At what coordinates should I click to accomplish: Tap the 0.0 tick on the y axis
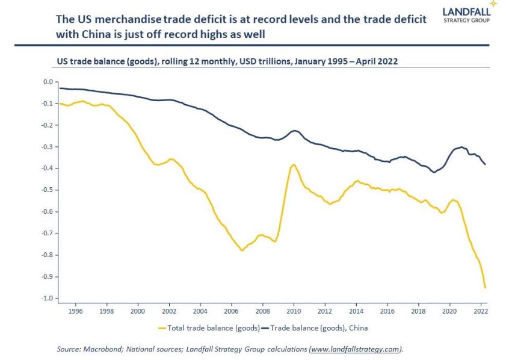46,82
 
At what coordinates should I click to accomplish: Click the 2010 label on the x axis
294,312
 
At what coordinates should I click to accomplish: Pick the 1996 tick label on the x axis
75,312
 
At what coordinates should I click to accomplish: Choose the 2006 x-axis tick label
232,312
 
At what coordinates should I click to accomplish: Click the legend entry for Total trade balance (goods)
208,327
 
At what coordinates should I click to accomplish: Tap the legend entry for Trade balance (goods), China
319,327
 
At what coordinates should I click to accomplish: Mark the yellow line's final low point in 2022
486,288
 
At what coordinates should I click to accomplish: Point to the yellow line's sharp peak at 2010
294,164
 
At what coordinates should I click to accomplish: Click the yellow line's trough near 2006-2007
242,250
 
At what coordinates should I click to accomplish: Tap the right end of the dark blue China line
486,164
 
